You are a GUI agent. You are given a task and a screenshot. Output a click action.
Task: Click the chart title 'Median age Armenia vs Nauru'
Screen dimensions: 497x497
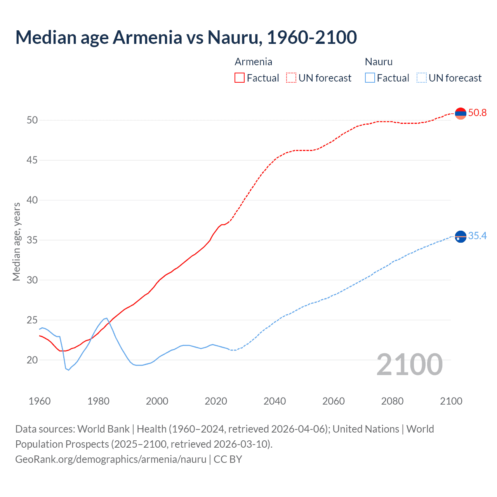click(x=186, y=38)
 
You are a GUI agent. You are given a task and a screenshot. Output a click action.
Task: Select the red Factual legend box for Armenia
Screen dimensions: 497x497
click(x=240, y=78)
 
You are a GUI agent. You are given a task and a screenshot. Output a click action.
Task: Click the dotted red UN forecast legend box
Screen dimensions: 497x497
click(x=291, y=78)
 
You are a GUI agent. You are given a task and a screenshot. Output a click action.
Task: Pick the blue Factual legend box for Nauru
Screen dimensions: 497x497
click(x=370, y=78)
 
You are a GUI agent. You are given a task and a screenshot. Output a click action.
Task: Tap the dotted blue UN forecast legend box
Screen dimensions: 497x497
click(x=421, y=78)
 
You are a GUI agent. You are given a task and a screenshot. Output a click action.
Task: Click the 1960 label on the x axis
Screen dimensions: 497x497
click(x=40, y=401)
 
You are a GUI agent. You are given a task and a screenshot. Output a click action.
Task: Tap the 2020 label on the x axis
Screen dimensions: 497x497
click(x=216, y=401)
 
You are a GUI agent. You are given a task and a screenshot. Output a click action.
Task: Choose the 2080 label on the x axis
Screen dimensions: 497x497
click(x=392, y=401)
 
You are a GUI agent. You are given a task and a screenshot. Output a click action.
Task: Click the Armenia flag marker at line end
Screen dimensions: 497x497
click(x=461, y=113)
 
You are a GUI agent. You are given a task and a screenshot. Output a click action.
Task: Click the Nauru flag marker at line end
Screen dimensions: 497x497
click(x=461, y=236)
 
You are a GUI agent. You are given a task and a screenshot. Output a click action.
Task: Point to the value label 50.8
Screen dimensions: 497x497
click(x=477, y=113)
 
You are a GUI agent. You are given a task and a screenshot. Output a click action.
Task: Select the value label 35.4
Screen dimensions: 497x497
click(x=477, y=236)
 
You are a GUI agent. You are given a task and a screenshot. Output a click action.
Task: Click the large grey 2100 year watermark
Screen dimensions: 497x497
click(x=410, y=365)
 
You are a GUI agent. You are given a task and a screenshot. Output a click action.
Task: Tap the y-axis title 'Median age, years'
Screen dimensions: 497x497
click(x=16, y=242)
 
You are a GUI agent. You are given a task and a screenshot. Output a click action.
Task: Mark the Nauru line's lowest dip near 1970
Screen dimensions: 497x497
click(x=68, y=370)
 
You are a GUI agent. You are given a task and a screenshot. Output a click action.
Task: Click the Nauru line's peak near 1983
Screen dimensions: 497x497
click(x=106, y=318)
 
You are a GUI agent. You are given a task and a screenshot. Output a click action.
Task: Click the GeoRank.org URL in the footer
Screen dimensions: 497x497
click(x=111, y=459)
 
